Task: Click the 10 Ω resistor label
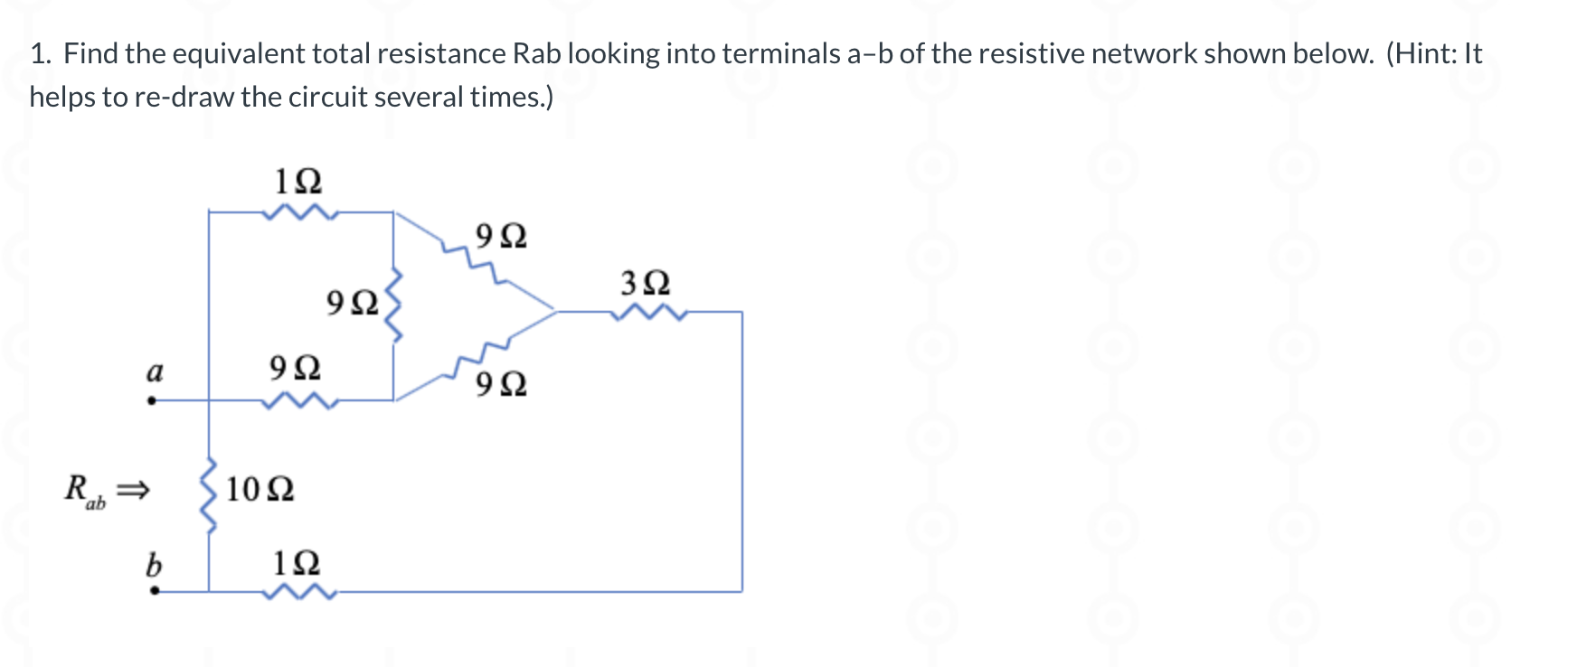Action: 260,490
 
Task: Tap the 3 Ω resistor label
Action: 646,284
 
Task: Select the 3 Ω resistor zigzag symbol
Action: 648,313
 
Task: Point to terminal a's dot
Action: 152,400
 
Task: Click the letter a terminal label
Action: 155,371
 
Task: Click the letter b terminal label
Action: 154,566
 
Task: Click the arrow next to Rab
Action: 132,491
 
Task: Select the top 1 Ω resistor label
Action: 297,182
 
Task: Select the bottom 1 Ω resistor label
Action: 297,563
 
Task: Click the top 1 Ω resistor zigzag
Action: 299,213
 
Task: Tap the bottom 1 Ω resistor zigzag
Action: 299,593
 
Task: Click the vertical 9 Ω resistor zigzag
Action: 394,304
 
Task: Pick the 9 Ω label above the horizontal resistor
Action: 295,368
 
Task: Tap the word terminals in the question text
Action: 781,54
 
